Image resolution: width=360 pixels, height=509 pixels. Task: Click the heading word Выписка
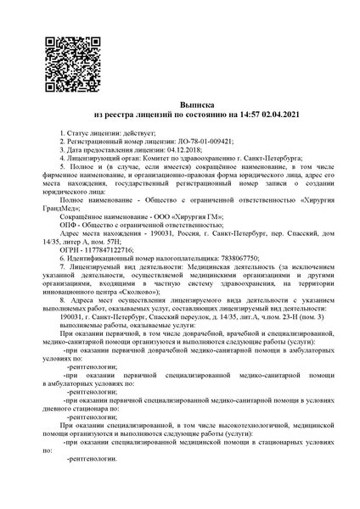coord(179,102)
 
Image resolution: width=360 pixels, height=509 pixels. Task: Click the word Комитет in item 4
coord(161,159)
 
